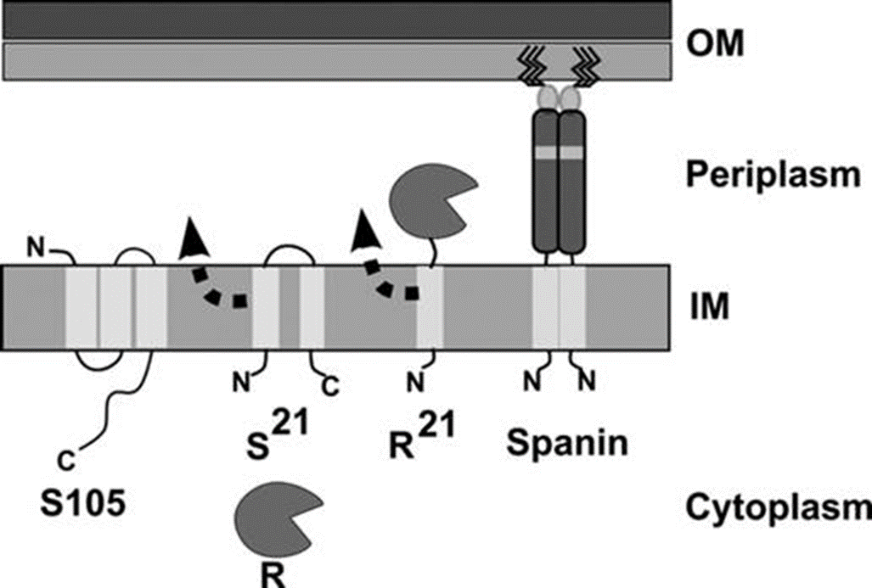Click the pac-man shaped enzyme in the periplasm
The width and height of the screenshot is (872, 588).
(x=429, y=201)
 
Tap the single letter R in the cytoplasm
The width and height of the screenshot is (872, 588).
(x=271, y=574)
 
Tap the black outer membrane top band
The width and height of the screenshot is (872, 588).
(x=340, y=20)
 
